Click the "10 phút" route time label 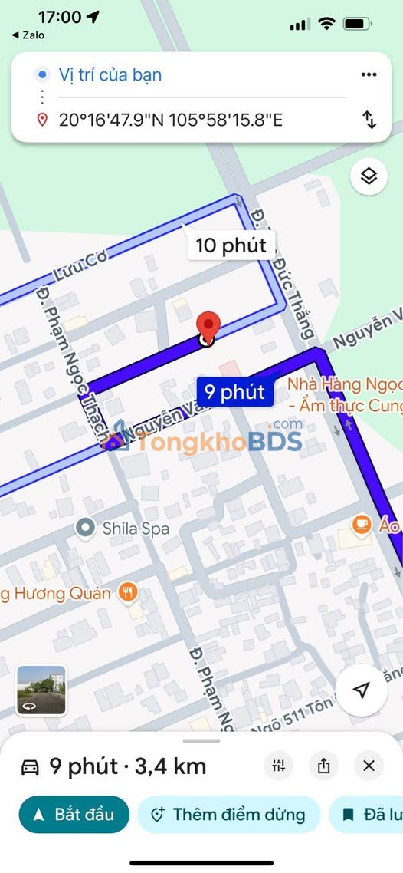pos(231,245)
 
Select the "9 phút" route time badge pos(235,392)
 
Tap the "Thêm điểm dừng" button pos(228,814)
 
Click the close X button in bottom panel pos(369,765)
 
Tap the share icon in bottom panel pos(323,765)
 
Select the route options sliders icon pos(278,765)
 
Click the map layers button pos(369,177)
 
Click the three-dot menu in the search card pos(369,74)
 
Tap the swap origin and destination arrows pos(369,120)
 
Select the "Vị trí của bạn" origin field pos(110,74)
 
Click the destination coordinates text pos(171,120)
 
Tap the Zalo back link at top pos(28,35)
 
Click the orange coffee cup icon pos(361,525)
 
